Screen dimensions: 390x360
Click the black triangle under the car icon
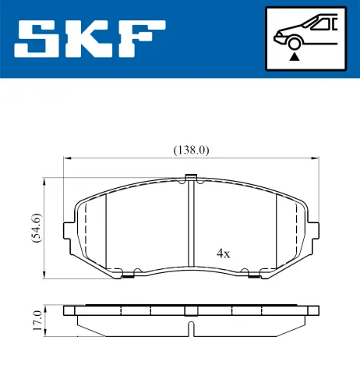coord(295,55)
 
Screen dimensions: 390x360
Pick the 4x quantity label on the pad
coord(224,253)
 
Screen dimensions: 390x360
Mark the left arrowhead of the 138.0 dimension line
coord(66,159)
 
